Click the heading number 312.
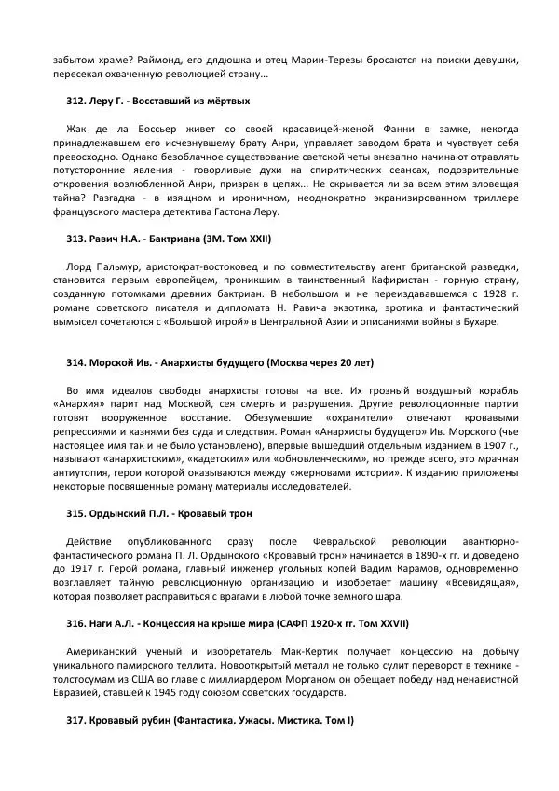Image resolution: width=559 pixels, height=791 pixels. tap(76, 100)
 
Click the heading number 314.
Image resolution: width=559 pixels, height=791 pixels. tap(76, 361)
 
